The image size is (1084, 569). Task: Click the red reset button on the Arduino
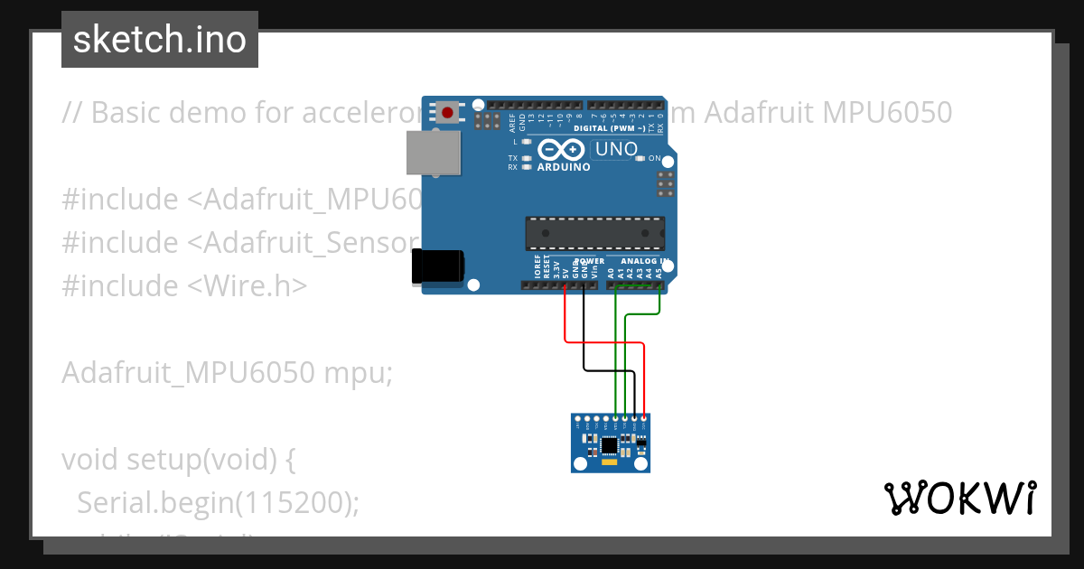447,112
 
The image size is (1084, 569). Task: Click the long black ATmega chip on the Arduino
595,233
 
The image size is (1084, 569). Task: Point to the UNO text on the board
615,149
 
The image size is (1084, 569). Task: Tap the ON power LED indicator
640,158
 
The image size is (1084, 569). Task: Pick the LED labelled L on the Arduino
526,142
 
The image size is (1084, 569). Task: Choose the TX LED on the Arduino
526,158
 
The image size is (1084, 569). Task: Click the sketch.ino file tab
160,40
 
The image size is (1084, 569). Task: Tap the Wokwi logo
959,498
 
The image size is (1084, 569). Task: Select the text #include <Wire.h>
184,285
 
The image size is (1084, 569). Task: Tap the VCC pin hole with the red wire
643,419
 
